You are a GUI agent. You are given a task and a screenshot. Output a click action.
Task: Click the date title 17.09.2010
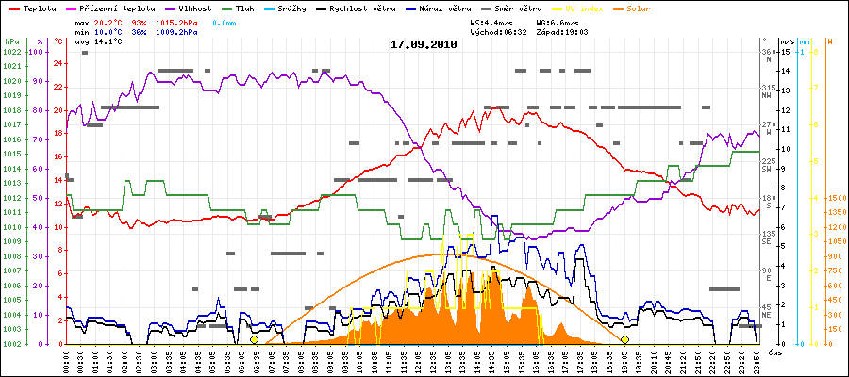pos(424,44)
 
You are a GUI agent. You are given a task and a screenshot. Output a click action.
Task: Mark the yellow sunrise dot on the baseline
pos(254,339)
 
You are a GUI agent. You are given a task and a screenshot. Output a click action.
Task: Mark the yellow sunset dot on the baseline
pos(624,339)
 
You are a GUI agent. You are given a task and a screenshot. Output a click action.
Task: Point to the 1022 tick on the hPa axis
pos(11,52)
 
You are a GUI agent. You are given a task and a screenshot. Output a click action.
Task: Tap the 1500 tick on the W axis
pos(836,198)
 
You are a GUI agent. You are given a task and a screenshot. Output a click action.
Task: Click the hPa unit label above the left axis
pos(11,42)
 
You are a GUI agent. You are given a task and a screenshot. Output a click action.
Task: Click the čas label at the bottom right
pos(774,352)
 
